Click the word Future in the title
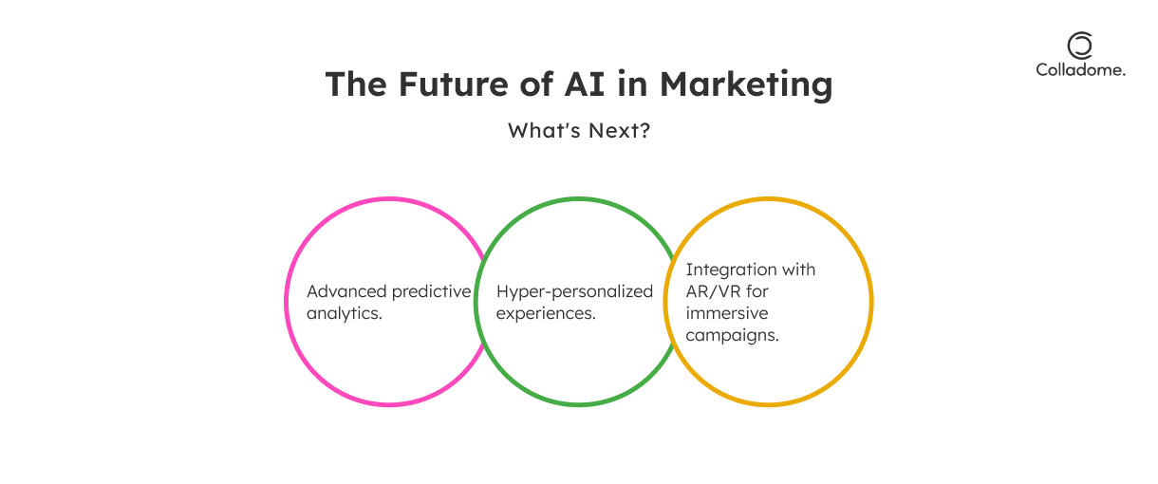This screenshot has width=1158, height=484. click(x=454, y=84)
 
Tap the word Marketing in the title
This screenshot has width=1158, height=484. click(x=746, y=84)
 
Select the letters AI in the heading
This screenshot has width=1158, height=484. click(x=584, y=84)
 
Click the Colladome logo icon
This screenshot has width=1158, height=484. click(x=1080, y=46)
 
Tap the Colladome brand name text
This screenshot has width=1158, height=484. click(x=1080, y=69)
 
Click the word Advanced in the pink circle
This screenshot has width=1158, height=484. click(x=346, y=291)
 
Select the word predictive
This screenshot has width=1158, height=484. click(x=431, y=292)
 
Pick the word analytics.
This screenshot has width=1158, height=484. click(x=345, y=314)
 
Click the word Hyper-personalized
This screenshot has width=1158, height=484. click(x=574, y=292)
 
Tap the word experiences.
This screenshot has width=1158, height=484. click(x=546, y=314)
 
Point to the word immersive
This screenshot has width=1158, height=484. click(x=727, y=313)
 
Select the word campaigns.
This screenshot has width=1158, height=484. click(x=732, y=336)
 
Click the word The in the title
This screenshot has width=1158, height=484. click(x=356, y=84)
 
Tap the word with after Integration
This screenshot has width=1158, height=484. click(x=798, y=270)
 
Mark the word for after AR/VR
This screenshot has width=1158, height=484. click(x=756, y=291)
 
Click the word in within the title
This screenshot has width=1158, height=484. click(x=632, y=84)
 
